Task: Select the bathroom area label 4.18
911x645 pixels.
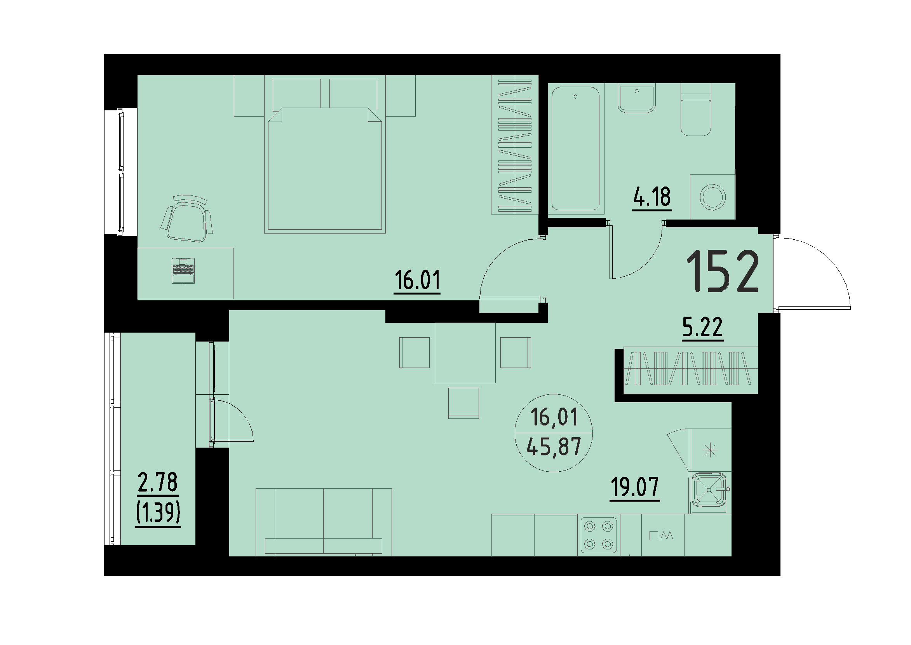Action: (651, 197)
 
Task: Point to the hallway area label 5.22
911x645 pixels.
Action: (702, 328)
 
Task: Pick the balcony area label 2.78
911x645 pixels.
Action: (158, 483)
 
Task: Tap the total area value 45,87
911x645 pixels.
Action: (554, 446)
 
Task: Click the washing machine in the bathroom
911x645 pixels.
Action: (712, 197)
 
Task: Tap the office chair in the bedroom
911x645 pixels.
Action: (186, 219)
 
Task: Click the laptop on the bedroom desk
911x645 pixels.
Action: (183, 270)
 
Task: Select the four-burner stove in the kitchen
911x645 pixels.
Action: (599, 535)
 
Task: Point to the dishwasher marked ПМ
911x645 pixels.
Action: (662, 535)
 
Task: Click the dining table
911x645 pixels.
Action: (465, 352)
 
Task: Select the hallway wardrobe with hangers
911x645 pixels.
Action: (690, 368)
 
